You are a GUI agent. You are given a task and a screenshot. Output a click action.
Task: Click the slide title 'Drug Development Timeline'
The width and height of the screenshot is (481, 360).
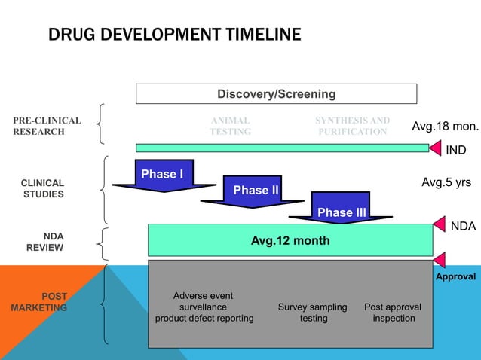pos(174,35)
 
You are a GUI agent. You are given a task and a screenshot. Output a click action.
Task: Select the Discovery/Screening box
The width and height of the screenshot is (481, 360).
pos(276,94)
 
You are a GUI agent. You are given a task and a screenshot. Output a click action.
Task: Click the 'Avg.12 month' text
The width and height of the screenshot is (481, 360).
pos(290,241)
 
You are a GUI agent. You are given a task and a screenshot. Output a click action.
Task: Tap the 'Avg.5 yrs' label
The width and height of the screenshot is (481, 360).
pos(446,182)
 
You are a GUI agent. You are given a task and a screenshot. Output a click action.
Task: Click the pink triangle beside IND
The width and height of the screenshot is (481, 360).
pos(435,148)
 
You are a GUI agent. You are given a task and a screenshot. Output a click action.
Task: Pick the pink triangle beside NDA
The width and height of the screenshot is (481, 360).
pos(440,224)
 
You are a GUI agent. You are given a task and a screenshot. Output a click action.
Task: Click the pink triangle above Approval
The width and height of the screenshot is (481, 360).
pos(440,260)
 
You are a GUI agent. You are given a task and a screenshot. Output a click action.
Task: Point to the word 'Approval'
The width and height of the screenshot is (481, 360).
pos(455,277)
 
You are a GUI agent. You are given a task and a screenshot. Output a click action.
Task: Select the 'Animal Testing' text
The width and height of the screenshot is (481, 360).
pos(230,126)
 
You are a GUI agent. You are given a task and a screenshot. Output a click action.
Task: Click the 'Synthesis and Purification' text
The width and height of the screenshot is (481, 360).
pos(352,126)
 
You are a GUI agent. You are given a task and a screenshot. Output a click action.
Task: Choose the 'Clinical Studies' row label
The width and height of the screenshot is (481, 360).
pos(42,188)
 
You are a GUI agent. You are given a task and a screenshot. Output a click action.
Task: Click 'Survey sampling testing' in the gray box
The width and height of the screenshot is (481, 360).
pos(313,313)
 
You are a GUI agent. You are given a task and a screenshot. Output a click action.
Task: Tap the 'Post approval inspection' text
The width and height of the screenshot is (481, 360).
pos(393,313)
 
